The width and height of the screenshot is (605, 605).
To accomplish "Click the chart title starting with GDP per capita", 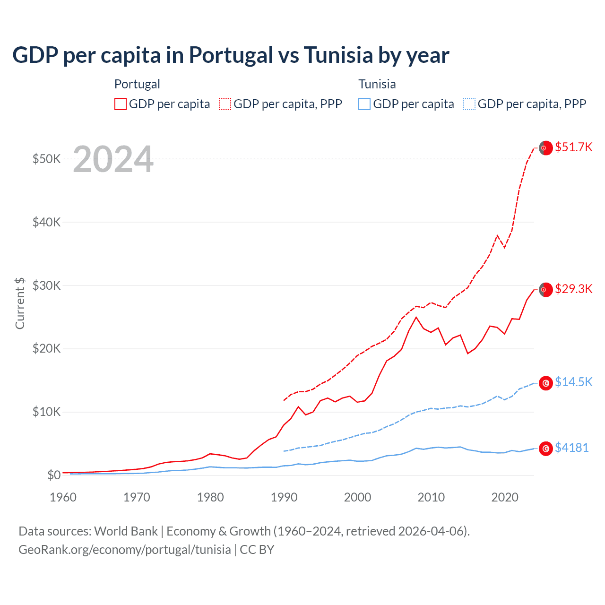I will click(231, 55).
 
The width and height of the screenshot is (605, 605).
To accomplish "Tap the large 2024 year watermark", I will click(113, 159).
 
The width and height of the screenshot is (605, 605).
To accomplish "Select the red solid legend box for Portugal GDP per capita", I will click(121, 104).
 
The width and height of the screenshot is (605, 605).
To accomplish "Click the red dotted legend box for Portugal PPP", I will click(225, 104).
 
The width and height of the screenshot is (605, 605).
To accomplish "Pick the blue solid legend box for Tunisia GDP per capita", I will click(364, 104).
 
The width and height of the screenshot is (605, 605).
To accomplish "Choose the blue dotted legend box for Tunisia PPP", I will click(469, 104).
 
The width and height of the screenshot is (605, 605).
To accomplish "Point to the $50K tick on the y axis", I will click(46, 159).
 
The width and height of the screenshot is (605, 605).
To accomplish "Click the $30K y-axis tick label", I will click(46, 285).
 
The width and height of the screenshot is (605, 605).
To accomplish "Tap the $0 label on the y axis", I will click(53, 475).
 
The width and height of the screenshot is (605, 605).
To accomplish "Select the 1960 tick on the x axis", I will click(63, 497).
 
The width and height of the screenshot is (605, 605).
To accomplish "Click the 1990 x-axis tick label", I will click(284, 497).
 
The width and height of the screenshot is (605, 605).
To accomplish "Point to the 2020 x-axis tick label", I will click(505, 497).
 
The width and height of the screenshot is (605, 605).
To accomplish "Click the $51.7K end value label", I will click(573, 147).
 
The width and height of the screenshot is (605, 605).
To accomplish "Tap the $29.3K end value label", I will click(573, 289).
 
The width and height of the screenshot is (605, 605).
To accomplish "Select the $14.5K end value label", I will click(573, 382).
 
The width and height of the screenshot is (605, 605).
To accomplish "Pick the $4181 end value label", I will click(572, 448).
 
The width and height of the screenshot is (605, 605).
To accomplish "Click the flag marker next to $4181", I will click(546, 449).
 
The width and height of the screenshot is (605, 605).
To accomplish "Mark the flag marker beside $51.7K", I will click(546, 148).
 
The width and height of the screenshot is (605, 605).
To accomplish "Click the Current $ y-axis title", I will click(20, 303).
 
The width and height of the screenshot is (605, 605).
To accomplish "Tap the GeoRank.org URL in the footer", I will click(125, 550).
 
